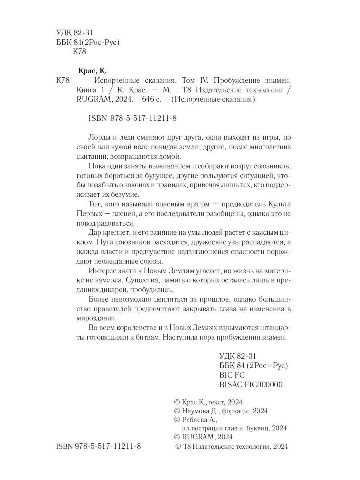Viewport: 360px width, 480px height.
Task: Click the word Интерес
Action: pyautogui.click(x=101, y=271)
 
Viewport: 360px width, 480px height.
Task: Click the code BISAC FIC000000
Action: pyautogui.click(x=251, y=385)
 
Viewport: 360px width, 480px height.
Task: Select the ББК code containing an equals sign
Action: pyautogui.click(x=254, y=365)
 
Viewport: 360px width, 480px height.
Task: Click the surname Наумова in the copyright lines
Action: pyautogui.click(x=196, y=411)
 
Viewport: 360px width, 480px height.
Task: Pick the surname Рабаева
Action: pyautogui.click(x=196, y=420)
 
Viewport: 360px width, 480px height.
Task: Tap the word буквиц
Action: pyautogui.click(x=255, y=428)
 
